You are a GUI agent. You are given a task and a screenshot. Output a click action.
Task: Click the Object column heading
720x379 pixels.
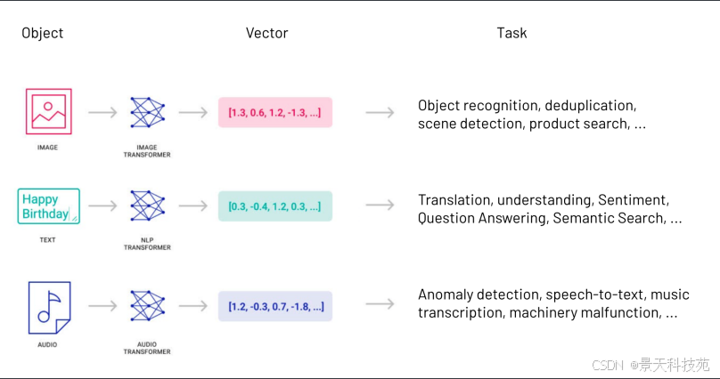42,33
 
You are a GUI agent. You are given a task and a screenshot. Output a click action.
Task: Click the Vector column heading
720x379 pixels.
266,33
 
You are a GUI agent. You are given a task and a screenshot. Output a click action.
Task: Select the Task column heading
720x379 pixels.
511,33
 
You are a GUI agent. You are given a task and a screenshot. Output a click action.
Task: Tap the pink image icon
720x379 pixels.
49,111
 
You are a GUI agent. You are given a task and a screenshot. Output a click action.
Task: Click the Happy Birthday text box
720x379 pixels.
49,206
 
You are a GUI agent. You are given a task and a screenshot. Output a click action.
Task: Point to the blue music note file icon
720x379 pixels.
50,308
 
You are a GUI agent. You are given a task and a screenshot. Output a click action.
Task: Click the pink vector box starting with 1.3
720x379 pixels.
275,112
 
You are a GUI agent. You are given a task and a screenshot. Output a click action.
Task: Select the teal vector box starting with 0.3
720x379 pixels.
275,206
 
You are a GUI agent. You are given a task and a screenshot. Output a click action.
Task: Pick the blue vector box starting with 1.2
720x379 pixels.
275,306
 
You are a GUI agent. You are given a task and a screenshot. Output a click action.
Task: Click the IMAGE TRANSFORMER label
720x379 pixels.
147,151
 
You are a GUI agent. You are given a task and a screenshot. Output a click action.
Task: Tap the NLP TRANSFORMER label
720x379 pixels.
147,244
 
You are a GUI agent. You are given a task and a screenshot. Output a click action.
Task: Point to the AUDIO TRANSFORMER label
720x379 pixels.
147,348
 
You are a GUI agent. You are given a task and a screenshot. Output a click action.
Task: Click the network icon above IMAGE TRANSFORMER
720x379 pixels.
147,112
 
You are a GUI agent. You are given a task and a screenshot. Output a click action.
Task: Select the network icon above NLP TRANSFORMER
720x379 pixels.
147,206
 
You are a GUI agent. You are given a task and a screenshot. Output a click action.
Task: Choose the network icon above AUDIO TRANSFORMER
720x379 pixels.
147,306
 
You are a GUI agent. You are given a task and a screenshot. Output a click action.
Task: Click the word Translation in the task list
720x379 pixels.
455,200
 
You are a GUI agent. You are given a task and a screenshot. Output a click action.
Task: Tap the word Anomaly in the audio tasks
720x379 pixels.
445,294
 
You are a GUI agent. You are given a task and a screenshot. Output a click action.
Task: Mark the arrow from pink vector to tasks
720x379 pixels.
380,112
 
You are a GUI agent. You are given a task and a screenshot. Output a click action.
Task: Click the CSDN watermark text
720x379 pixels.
607,366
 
